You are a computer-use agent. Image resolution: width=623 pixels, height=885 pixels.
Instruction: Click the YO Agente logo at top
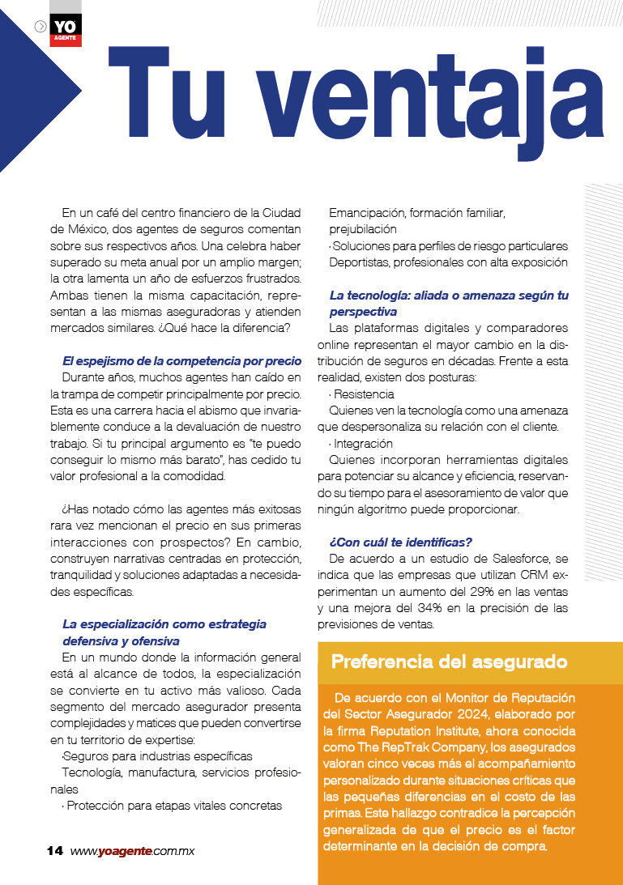(x=65, y=29)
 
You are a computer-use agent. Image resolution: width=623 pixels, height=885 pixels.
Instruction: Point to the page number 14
(x=54, y=851)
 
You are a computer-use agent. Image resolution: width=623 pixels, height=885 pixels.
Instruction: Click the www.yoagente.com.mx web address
(x=133, y=851)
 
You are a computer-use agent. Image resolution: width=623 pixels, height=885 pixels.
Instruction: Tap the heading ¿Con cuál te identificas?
(x=400, y=541)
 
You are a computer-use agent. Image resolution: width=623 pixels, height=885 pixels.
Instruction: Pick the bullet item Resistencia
(x=364, y=394)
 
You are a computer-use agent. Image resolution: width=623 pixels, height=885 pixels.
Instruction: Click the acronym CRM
(x=534, y=575)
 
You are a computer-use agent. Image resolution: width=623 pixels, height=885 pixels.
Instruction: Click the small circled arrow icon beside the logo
(x=41, y=26)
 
